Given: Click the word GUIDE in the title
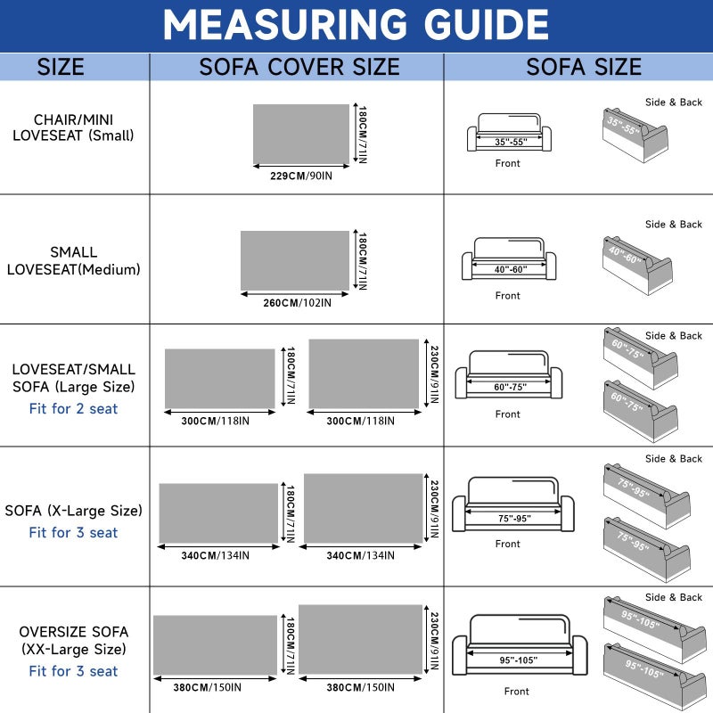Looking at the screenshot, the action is tap(486, 24).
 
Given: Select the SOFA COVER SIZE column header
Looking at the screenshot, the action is tap(299, 67).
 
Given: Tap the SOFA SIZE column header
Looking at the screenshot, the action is tap(584, 67).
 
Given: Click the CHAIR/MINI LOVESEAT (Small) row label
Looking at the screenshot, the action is tap(73, 127).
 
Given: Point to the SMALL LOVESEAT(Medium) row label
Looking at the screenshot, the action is tap(73, 260).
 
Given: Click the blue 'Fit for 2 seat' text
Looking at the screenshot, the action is tap(73, 408).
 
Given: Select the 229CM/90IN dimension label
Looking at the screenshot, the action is tap(301, 176).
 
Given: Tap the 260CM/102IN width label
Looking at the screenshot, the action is tap(297, 302).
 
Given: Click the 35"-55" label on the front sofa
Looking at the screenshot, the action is tap(511, 142).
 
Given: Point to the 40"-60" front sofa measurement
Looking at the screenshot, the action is tap(511, 269).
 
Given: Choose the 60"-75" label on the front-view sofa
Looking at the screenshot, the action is tap(510, 387).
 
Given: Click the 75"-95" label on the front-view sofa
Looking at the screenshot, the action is tap(514, 519).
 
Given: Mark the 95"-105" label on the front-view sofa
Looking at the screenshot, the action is tap(519, 660).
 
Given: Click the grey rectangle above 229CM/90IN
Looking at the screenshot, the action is tap(301, 134).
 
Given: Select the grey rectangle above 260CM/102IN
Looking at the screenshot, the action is tap(295, 260).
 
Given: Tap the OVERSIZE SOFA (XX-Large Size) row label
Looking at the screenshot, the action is tap(73, 640).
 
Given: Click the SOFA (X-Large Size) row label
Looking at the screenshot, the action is tap(73, 510).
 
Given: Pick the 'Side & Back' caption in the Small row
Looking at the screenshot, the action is tap(674, 102).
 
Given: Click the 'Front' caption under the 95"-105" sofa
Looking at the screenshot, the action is tap(517, 692).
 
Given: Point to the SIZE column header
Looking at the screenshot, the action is tap(61, 67).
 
